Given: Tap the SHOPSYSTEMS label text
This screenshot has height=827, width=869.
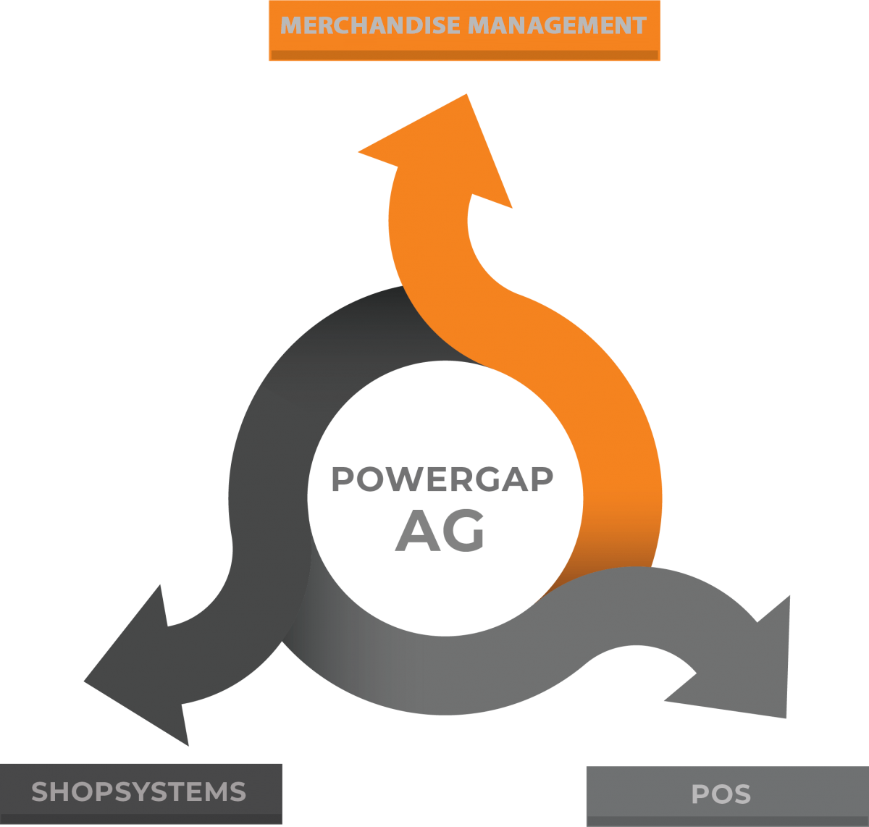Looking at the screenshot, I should point(139,792).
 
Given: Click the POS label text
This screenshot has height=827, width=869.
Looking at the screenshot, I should point(721,794).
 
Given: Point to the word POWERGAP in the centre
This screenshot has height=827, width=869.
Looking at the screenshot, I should point(442,479).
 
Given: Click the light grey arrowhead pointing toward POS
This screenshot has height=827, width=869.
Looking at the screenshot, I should point(753,666).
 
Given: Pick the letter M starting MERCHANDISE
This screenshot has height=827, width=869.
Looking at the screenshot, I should point(291,26).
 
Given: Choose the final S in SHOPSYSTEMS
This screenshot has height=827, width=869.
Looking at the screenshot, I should point(238,792).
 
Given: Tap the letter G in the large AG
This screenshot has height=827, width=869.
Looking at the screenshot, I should point(464,531).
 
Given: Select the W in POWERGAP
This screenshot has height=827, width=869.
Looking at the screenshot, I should point(398,479).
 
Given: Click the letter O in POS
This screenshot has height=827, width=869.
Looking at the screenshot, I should point(721,794).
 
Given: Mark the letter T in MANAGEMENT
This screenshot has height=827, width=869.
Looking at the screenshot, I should point(638,26).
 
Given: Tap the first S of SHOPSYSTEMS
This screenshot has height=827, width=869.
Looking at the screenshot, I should point(40,792).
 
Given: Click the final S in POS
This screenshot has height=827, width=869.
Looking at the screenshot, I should point(742,794).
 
